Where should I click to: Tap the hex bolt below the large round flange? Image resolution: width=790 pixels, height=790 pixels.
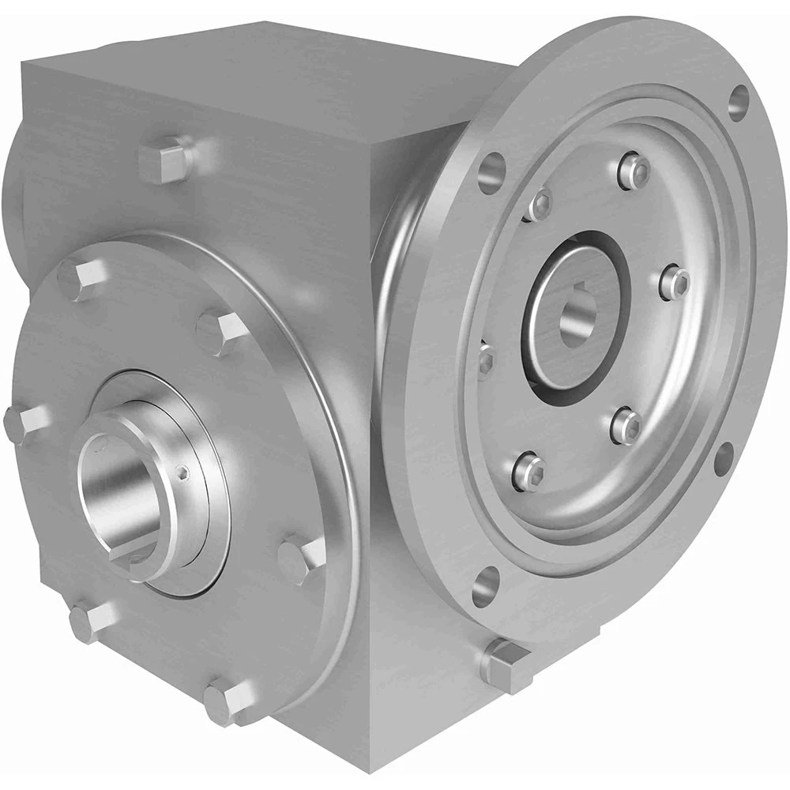[506, 662]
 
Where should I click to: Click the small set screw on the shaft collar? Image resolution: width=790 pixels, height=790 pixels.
[184, 473]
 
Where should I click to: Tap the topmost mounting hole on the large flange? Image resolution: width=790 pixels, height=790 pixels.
[739, 98]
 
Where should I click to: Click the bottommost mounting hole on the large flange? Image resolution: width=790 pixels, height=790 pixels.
[485, 585]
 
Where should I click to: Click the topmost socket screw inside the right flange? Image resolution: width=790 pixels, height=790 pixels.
[634, 171]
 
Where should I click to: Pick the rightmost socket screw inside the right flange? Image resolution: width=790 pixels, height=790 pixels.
[674, 281]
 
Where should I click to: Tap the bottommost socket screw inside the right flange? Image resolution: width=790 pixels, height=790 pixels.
[528, 472]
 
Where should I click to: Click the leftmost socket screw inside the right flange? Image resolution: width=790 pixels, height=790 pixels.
[485, 359]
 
